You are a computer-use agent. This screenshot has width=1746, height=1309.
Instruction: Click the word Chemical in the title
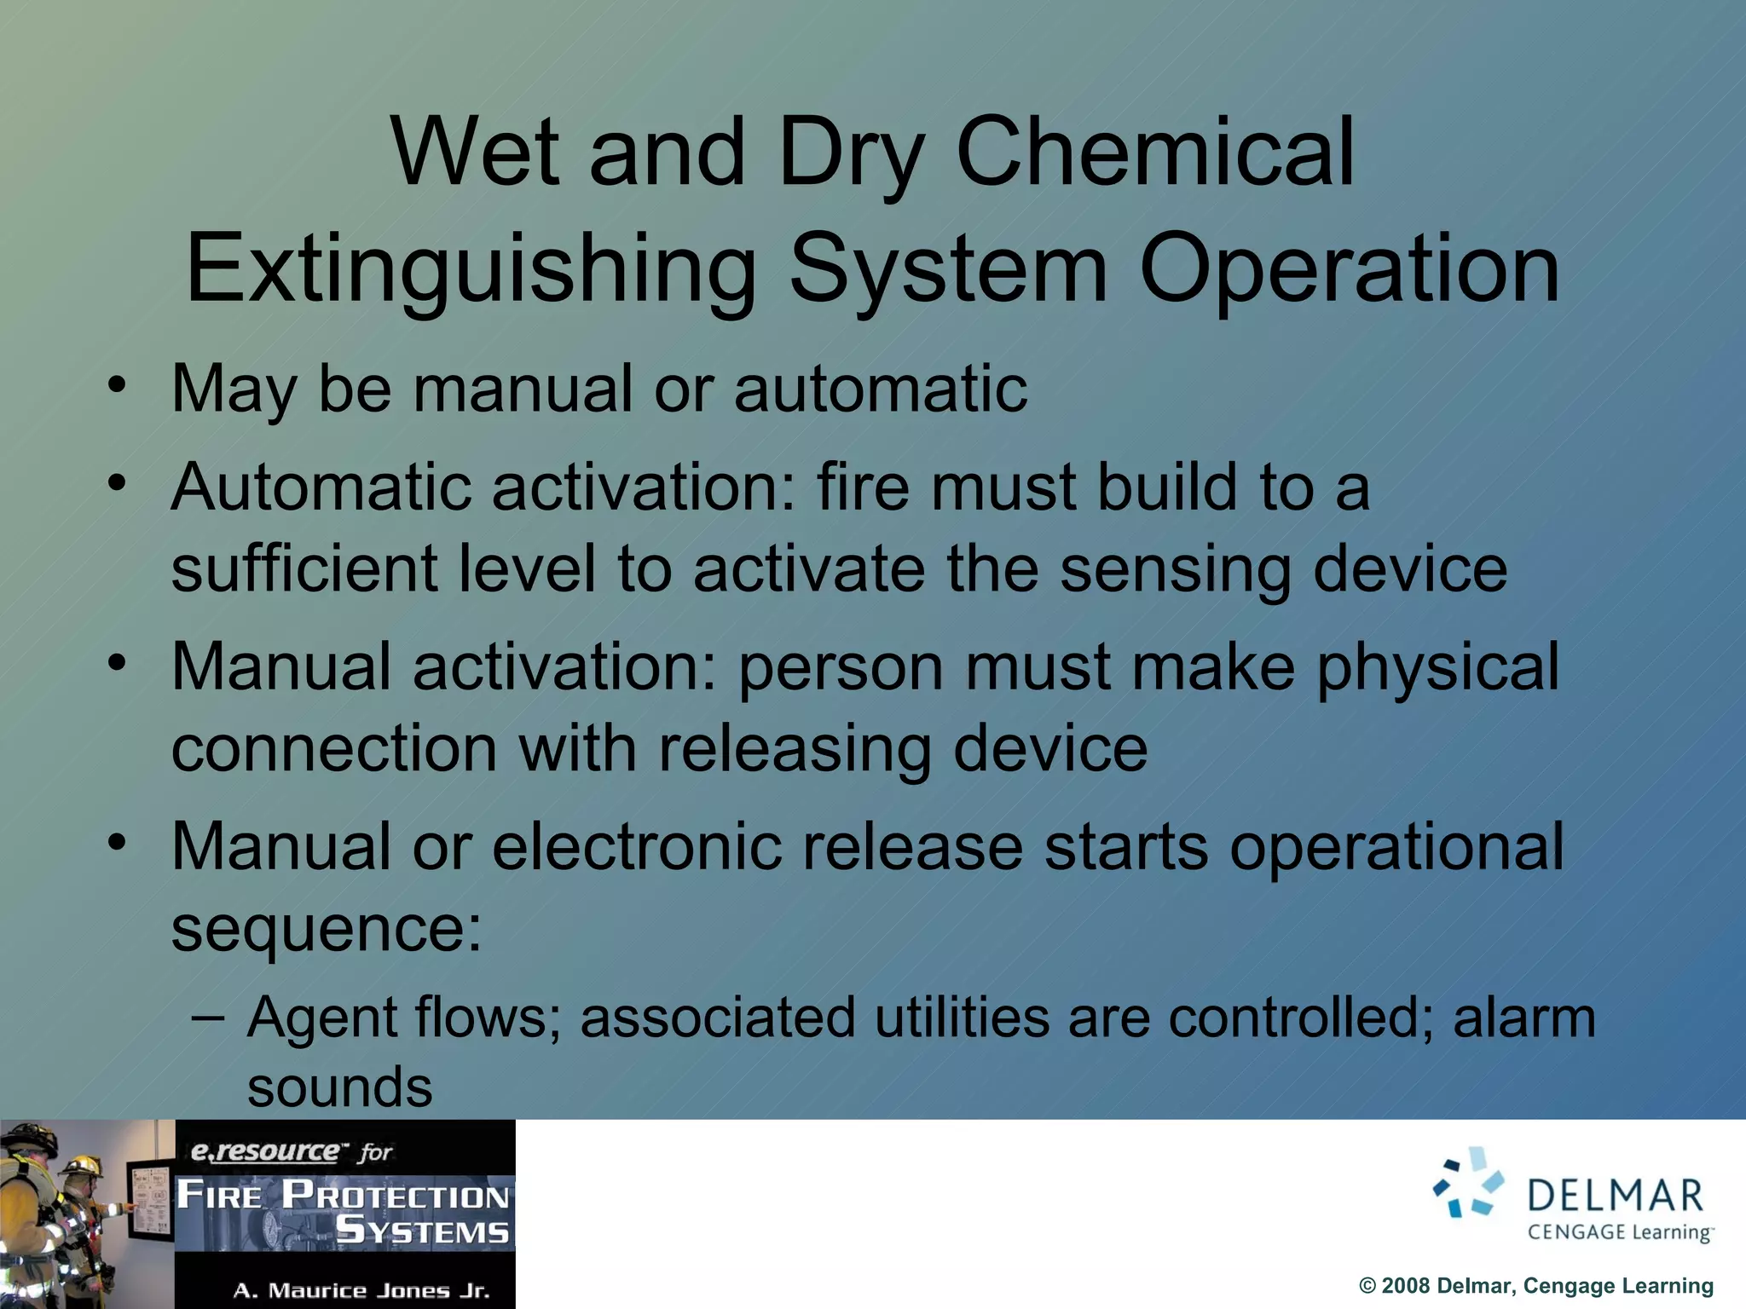[x=1155, y=153]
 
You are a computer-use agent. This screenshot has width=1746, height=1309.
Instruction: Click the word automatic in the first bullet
[x=880, y=389]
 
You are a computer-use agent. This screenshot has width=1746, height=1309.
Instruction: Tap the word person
[x=841, y=668]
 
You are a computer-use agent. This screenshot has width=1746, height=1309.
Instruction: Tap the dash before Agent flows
[x=208, y=1018]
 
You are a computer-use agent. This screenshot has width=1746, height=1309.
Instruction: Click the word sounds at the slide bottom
[x=339, y=1087]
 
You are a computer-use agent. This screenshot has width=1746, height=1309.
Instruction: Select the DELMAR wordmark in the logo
[x=1616, y=1196]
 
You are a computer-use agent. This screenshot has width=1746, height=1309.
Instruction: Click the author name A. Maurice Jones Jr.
[x=361, y=1290]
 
